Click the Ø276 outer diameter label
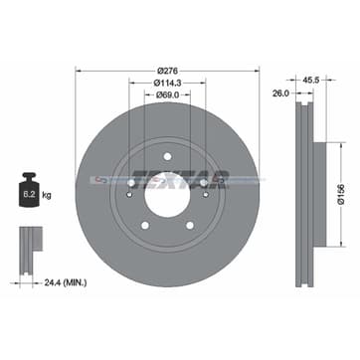point(167,71)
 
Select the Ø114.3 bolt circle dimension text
point(168,84)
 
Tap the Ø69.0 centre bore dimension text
point(168,97)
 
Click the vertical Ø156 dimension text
point(339,180)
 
